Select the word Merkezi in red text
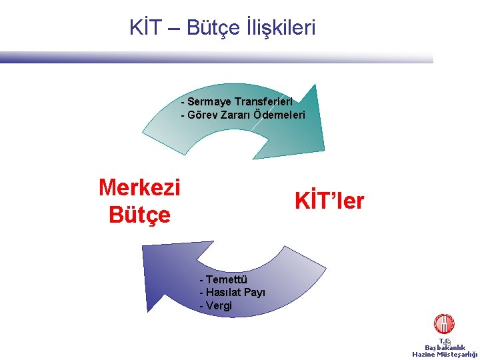[x=139, y=187]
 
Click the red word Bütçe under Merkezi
[x=139, y=215]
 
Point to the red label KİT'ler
[x=329, y=201]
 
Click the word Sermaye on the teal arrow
[x=209, y=102]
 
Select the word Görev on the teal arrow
[x=202, y=115]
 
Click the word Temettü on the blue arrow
[x=227, y=280]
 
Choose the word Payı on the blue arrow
[x=255, y=293]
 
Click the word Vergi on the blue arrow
[x=219, y=305]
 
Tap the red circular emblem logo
[x=444, y=324]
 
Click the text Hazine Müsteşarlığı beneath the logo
[x=445, y=355]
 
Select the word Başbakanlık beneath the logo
[x=445, y=347]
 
